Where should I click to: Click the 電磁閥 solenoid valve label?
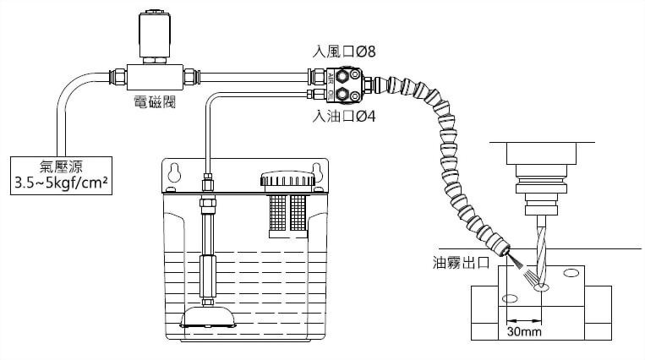click(x=154, y=103)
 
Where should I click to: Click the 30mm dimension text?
click(x=524, y=333)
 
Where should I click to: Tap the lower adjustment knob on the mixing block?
click(x=347, y=94)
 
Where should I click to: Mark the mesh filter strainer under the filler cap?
click(x=287, y=211)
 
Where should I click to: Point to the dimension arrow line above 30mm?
click(x=524, y=320)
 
